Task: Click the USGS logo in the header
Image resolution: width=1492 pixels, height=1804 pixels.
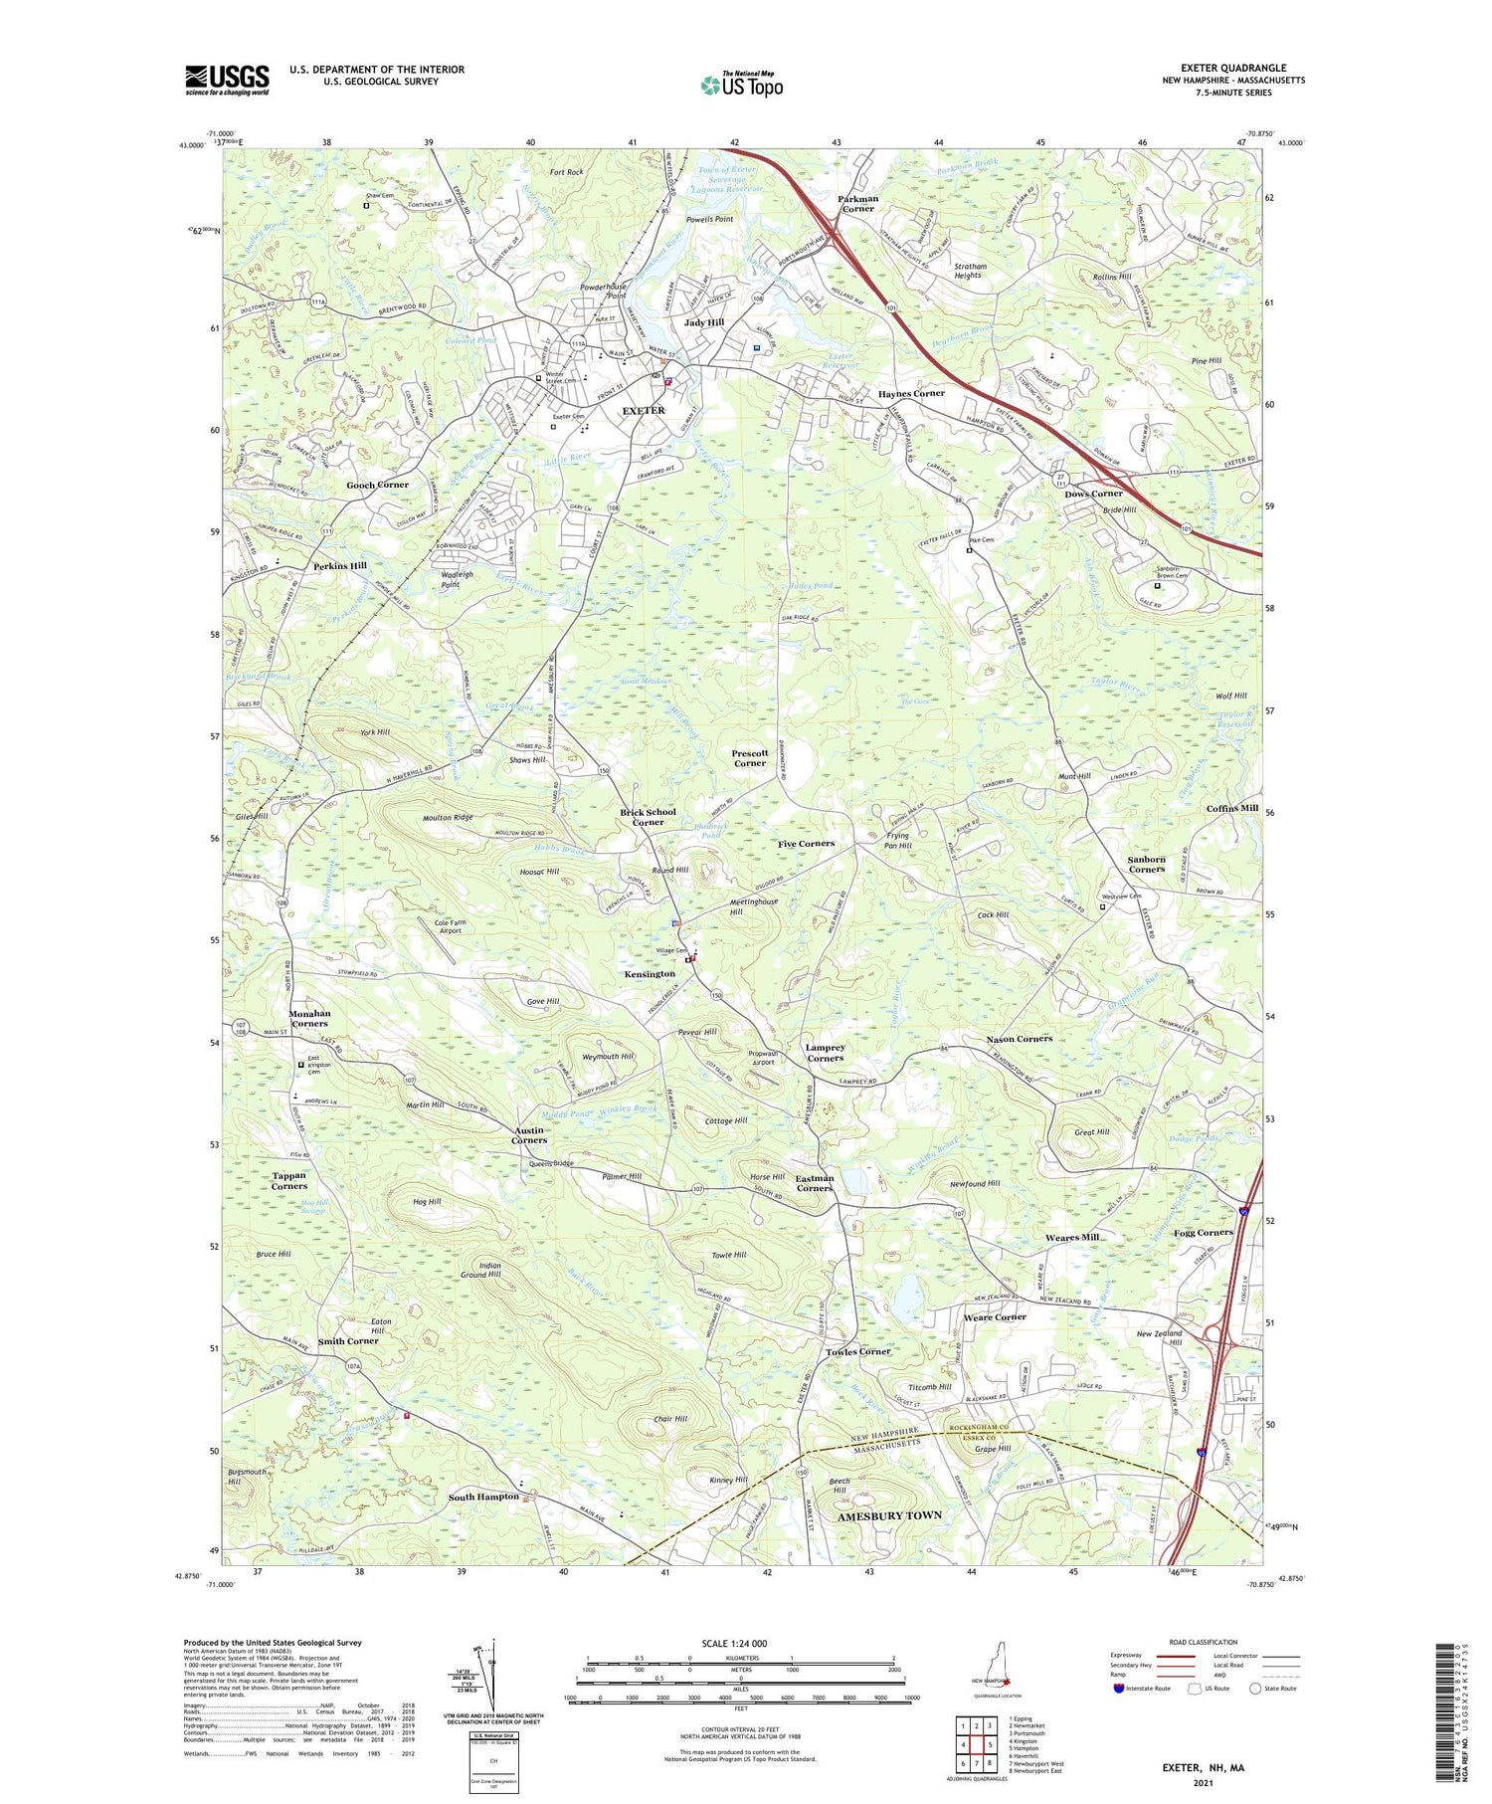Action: [x=227, y=80]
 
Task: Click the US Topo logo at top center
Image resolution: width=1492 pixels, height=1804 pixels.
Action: [x=742, y=85]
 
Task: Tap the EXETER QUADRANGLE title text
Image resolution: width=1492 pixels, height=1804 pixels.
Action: [x=1232, y=68]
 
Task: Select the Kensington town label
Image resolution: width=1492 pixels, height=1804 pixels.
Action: [x=650, y=974]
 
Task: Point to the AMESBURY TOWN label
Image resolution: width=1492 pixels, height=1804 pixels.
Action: [x=889, y=1515]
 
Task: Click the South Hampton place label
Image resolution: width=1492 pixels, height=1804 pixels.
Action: [x=483, y=1497]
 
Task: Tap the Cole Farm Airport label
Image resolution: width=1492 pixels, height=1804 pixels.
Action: [x=451, y=926]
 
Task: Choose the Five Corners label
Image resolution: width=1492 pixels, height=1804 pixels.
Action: [x=806, y=844]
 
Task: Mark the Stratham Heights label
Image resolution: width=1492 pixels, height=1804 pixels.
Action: [x=970, y=271]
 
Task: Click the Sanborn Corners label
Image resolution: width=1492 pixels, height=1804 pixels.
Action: [x=1146, y=864]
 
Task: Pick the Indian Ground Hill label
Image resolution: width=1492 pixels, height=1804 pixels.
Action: [x=480, y=1270]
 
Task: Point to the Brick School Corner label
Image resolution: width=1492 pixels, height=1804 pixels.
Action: [x=648, y=817]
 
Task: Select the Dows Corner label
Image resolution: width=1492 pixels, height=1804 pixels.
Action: [x=1093, y=494]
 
